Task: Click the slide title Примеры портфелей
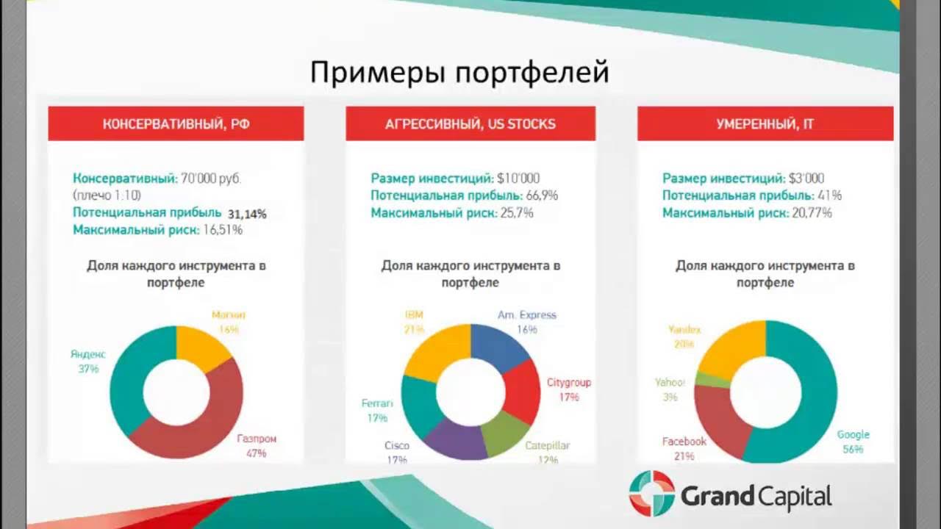pyautogui.click(x=459, y=73)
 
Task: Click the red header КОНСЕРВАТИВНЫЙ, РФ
pyautogui.click(x=176, y=123)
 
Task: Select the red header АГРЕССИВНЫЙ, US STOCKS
pyautogui.click(x=470, y=123)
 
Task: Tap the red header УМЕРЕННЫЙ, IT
pyautogui.click(x=765, y=123)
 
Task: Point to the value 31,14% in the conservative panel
pyautogui.click(x=247, y=214)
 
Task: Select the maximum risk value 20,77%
pyautogui.click(x=812, y=213)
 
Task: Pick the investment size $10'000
pyautogui.click(x=518, y=179)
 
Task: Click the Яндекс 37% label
pyautogui.click(x=88, y=361)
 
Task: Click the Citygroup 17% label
pyautogui.click(x=568, y=389)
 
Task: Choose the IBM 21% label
pyautogui.click(x=414, y=322)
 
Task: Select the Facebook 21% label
pyautogui.click(x=684, y=448)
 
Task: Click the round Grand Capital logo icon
pyautogui.click(x=651, y=493)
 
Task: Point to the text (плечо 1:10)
pyautogui.click(x=107, y=195)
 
